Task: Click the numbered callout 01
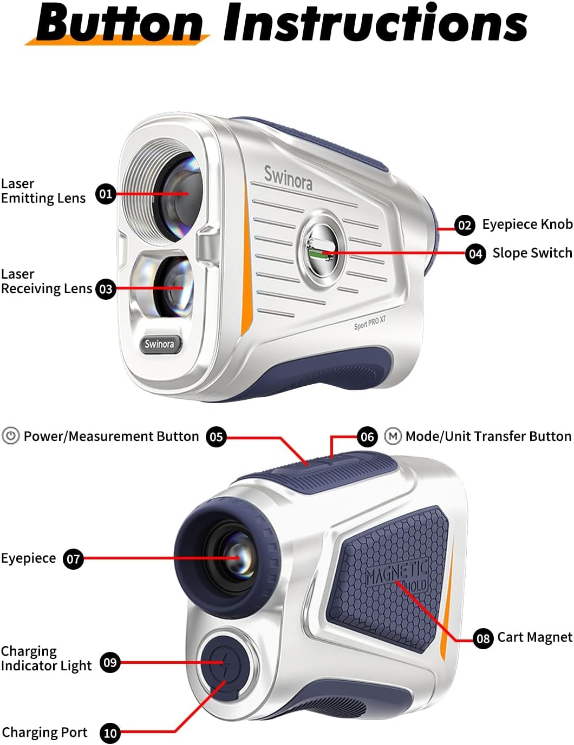(x=106, y=194)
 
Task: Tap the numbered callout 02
(x=465, y=225)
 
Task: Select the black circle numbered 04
(x=475, y=254)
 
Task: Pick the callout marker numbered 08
(x=483, y=638)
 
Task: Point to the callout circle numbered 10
(x=110, y=733)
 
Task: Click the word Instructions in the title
(x=375, y=24)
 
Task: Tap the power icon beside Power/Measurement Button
(x=11, y=436)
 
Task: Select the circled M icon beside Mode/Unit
(x=393, y=436)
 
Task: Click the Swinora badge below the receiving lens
(x=159, y=344)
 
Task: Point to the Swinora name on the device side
(x=288, y=177)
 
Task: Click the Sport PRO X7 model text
(x=370, y=323)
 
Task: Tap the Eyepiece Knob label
(x=527, y=224)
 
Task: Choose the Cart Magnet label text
(x=534, y=637)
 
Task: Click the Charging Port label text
(x=44, y=733)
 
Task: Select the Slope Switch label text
(x=532, y=253)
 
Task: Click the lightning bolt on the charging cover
(x=221, y=663)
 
